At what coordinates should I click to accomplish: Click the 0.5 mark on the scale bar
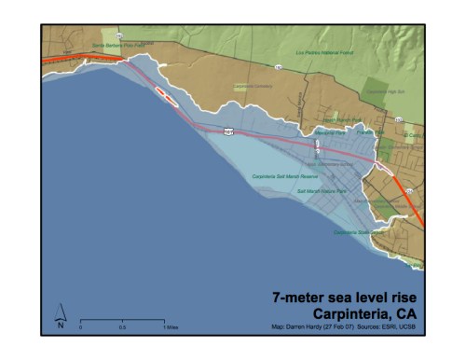(123, 327)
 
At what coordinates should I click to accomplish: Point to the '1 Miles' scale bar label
(172, 327)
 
